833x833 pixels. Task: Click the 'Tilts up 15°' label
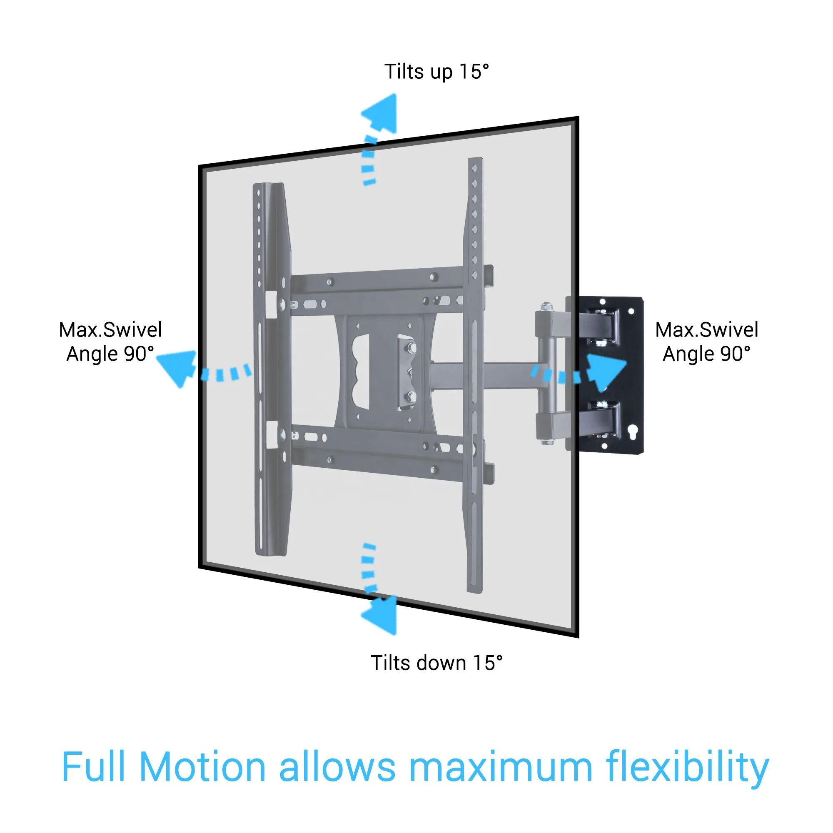(x=436, y=72)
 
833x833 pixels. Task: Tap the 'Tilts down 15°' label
(x=436, y=663)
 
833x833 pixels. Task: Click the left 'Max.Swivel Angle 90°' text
(x=110, y=342)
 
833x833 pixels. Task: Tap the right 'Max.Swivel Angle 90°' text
(x=706, y=342)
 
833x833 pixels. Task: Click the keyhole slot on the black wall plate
(x=633, y=431)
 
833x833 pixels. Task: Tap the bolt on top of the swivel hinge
(x=547, y=307)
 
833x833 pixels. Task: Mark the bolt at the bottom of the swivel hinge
(x=547, y=441)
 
